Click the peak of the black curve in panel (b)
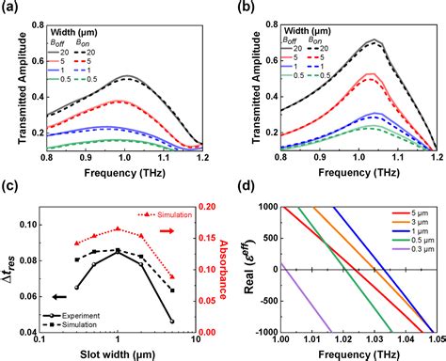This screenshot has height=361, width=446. click(x=374, y=39)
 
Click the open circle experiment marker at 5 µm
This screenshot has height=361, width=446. click(x=171, y=321)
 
